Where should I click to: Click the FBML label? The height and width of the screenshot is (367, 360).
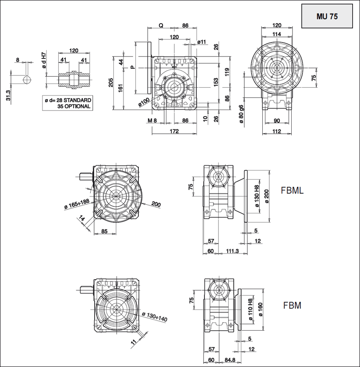pyautogui.click(x=292, y=190)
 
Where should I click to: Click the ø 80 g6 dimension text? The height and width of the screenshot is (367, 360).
pyautogui.click(x=241, y=114)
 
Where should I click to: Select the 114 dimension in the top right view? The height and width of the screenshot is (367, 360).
pyautogui.click(x=276, y=34)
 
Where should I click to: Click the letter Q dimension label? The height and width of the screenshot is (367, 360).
pyautogui.click(x=161, y=26)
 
